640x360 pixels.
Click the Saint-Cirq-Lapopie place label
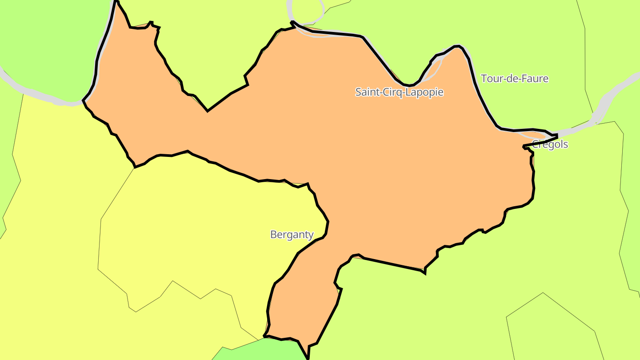[399, 92]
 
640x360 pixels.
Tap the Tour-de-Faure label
[514, 79]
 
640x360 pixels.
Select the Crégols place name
[550, 144]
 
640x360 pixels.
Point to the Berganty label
[292, 234]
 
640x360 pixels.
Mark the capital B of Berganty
[273, 234]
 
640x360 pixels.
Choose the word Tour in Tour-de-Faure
[490, 79]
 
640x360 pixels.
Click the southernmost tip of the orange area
[308, 357]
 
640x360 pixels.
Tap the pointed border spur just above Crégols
[556, 135]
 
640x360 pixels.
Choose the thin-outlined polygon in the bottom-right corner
[551, 329]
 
